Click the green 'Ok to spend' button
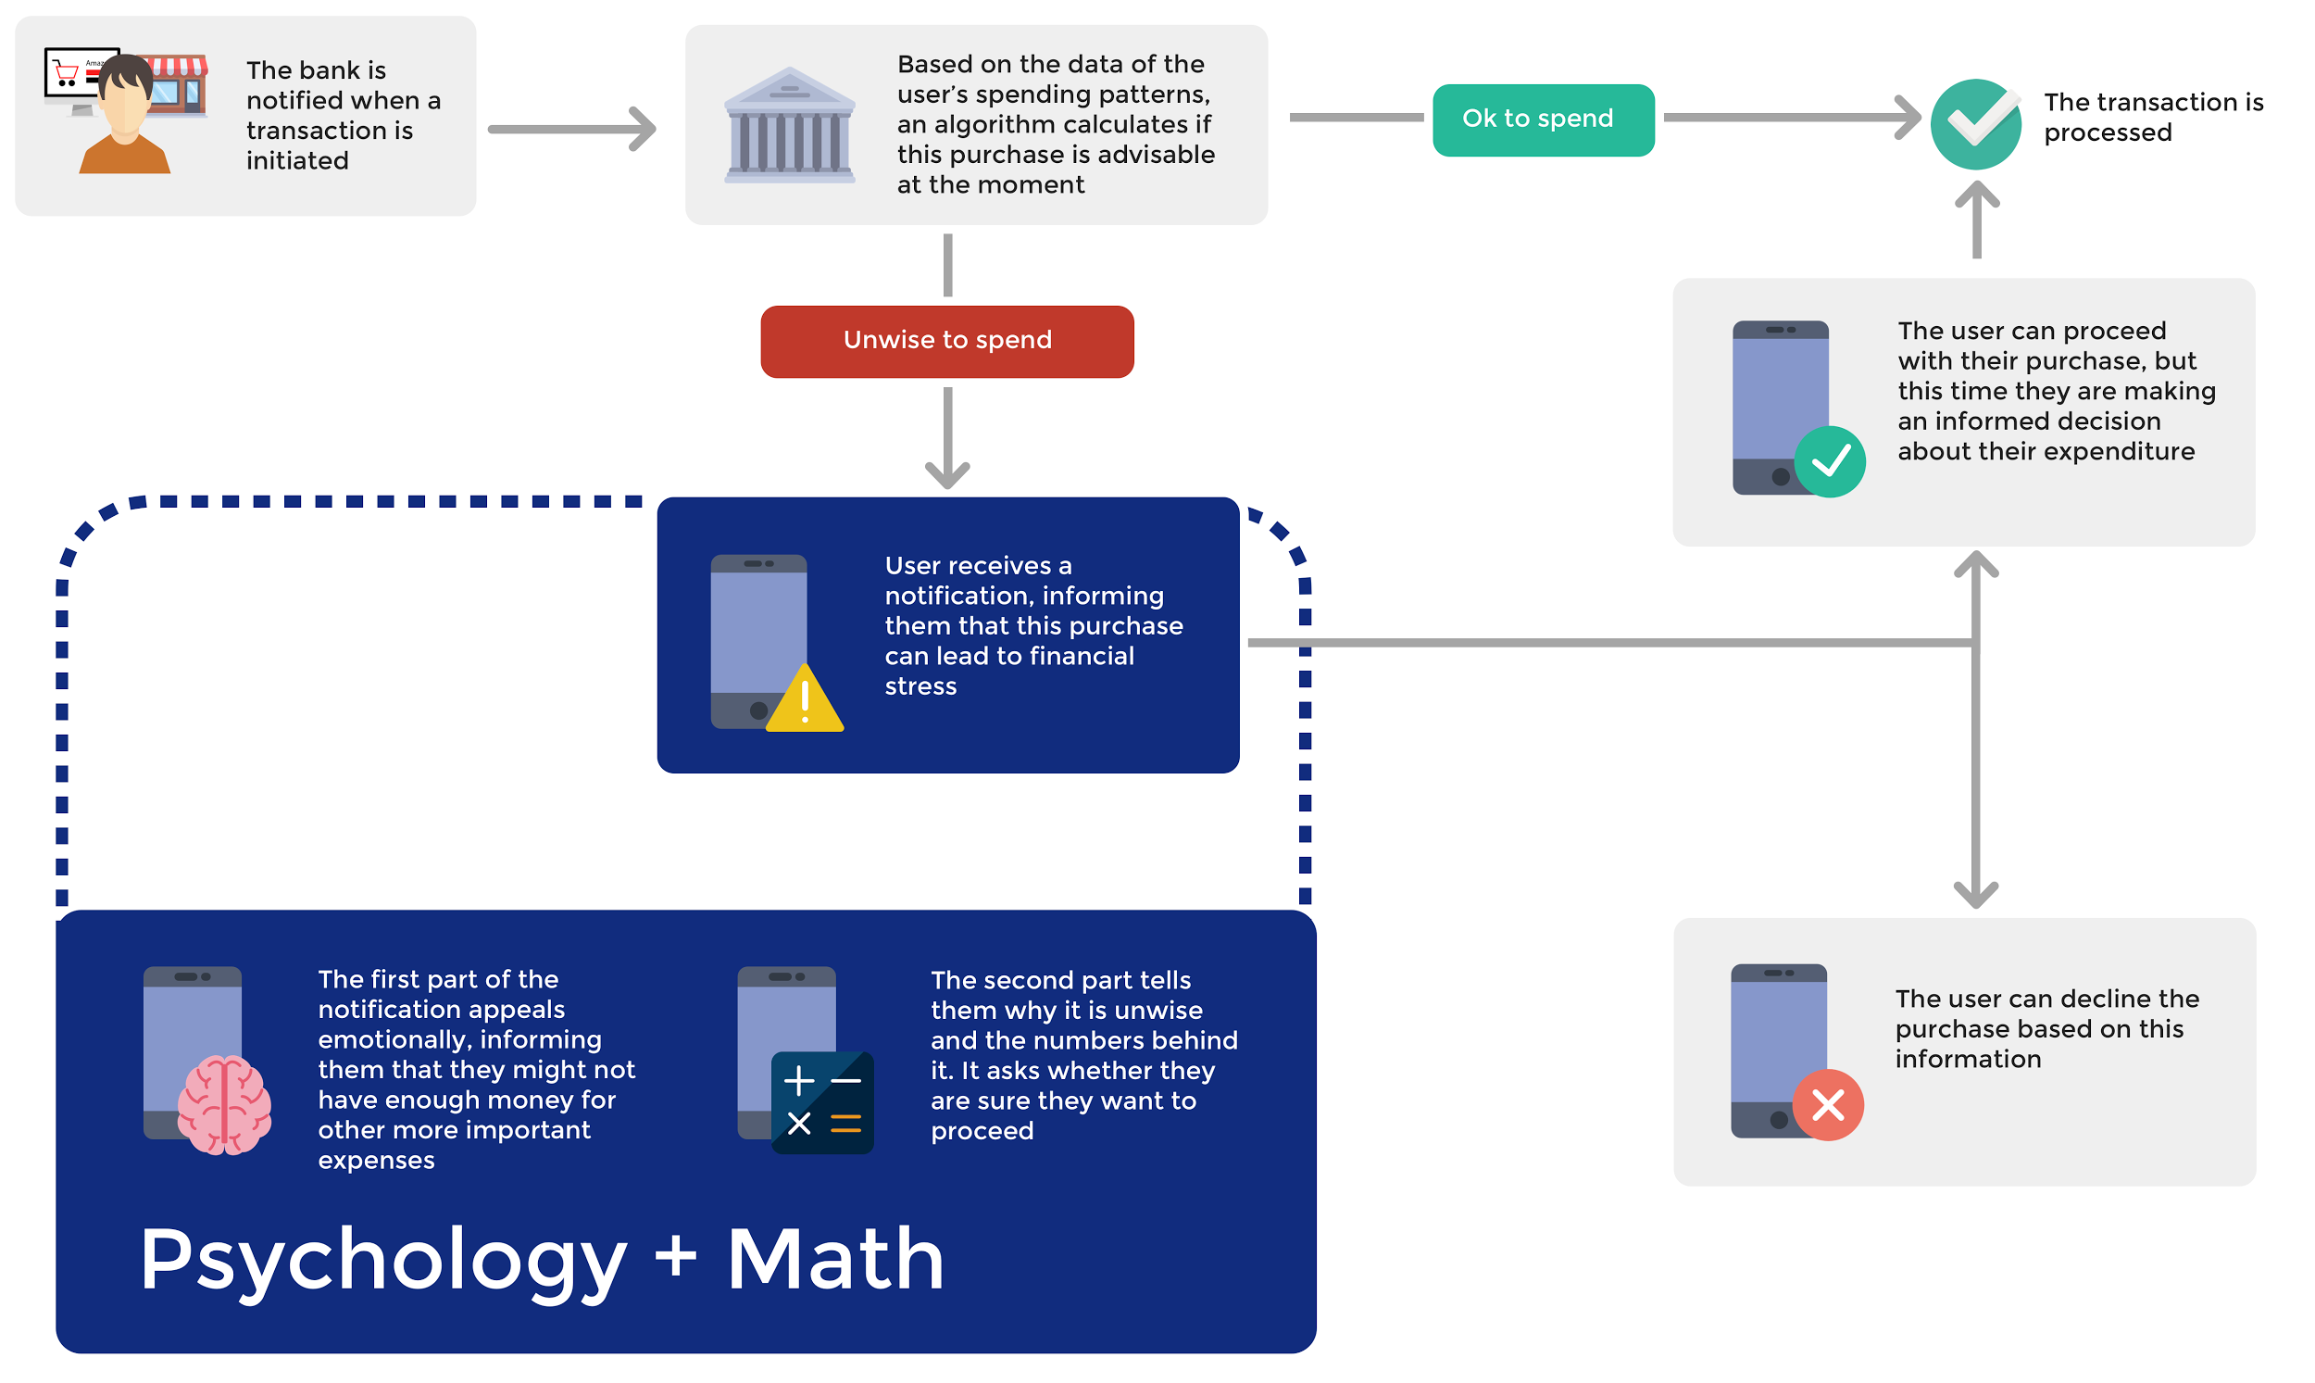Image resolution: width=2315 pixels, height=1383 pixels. pos(1543,119)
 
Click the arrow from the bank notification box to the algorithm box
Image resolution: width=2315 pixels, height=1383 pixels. pos(572,129)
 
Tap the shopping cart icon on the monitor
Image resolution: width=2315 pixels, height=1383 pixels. pos(66,72)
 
